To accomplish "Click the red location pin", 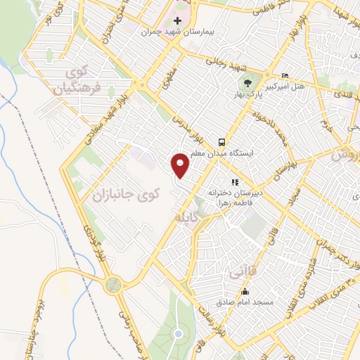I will (x=181, y=165).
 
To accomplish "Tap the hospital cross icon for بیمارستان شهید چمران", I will (x=178, y=20).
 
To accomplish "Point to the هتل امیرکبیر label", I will (x=289, y=86).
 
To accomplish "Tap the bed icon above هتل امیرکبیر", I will (x=284, y=75).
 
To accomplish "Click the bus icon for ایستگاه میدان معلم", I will (x=221, y=141).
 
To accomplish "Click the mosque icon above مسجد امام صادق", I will (x=245, y=292).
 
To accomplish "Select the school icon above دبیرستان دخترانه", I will (x=234, y=181).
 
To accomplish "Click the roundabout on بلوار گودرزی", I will (x=113, y=284).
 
